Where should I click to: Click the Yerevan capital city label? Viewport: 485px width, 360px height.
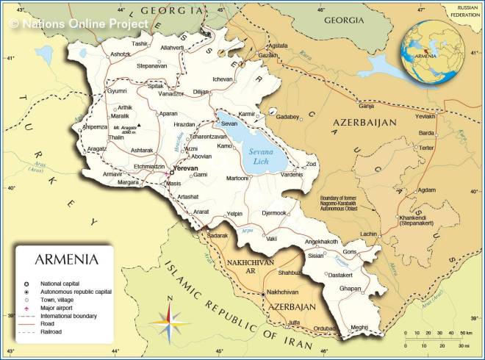(189, 168)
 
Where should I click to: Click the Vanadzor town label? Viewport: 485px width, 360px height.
(171, 94)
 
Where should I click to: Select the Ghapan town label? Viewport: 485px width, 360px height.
(350, 289)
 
